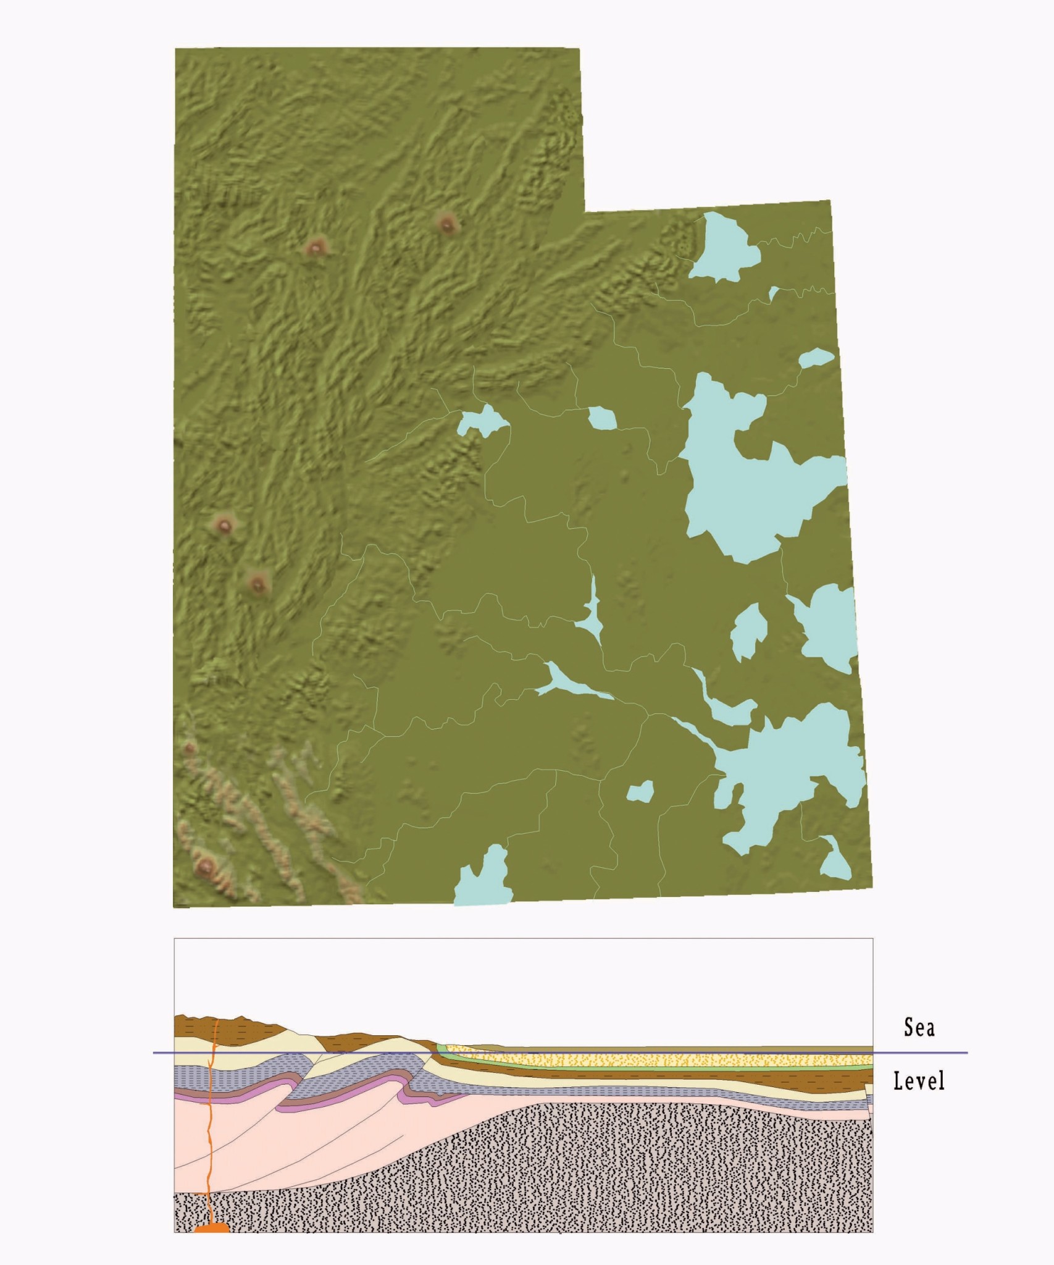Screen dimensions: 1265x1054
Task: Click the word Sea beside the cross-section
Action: (x=919, y=1027)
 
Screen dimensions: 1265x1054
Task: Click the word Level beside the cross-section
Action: (x=919, y=1081)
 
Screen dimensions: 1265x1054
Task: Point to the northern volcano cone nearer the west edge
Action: (x=316, y=248)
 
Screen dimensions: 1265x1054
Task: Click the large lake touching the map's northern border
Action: (x=721, y=247)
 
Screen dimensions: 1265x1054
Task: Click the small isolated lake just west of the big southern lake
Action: (x=640, y=791)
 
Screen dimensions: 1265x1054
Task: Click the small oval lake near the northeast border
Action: (x=816, y=358)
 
